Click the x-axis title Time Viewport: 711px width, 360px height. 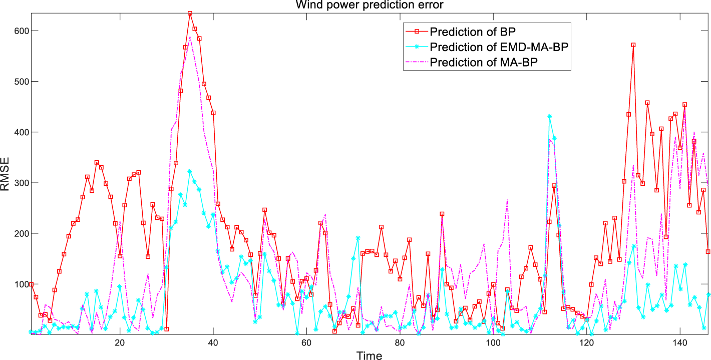[369, 355]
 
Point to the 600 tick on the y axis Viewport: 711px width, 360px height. [19, 31]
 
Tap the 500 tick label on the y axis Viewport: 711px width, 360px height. [19, 81]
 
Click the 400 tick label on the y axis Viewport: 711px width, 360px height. [19, 132]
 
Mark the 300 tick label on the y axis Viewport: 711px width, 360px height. [19, 183]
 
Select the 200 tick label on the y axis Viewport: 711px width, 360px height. [19, 233]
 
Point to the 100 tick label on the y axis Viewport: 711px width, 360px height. [19, 284]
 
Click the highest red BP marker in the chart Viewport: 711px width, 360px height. [190, 14]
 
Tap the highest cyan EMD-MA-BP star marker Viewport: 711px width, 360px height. [550, 116]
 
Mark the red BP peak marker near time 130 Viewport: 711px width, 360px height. [633, 45]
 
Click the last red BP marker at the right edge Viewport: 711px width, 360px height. [708, 252]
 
